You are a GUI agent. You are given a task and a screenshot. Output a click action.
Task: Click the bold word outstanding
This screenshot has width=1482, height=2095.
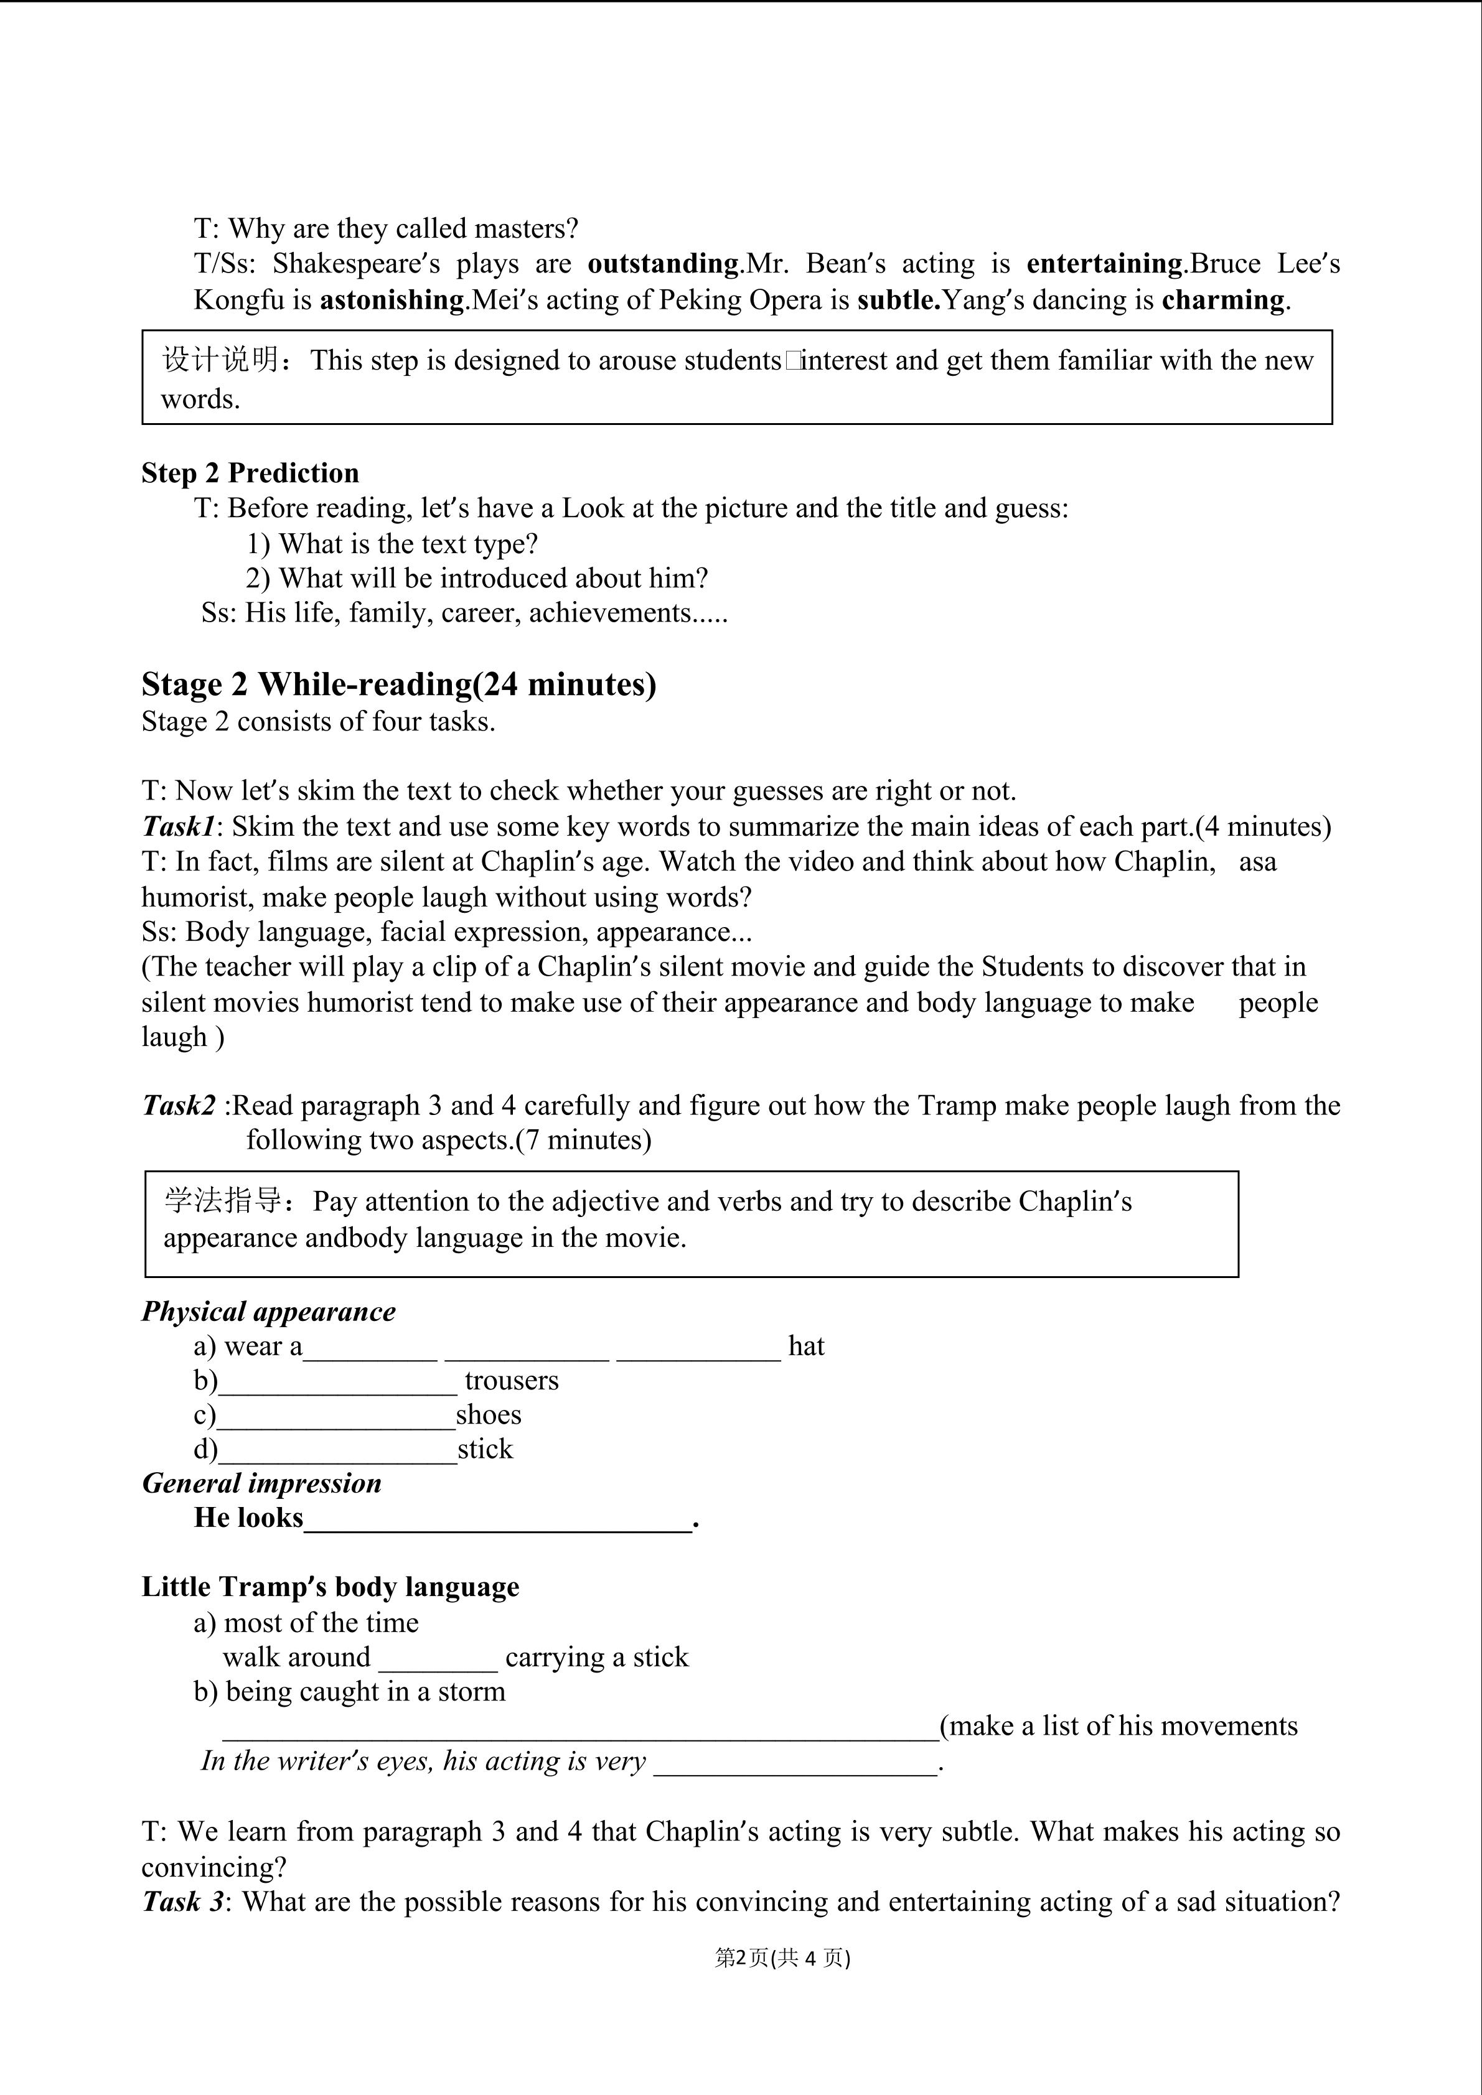(662, 264)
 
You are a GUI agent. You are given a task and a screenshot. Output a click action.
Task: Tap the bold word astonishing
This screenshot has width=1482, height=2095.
(392, 300)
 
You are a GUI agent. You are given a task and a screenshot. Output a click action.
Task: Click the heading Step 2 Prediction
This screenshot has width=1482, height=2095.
(250, 473)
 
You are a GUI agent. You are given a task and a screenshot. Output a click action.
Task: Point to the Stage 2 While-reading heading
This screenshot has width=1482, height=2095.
(399, 684)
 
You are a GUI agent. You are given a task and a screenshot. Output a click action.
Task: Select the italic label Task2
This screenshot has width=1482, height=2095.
(179, 1106)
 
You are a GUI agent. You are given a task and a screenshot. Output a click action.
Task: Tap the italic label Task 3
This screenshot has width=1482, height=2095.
(182, 1901)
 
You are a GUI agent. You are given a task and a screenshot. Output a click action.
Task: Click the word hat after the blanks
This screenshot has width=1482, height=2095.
(806, 1346)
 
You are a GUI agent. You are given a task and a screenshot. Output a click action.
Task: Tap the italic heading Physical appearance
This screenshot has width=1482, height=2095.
(268, 1312)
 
